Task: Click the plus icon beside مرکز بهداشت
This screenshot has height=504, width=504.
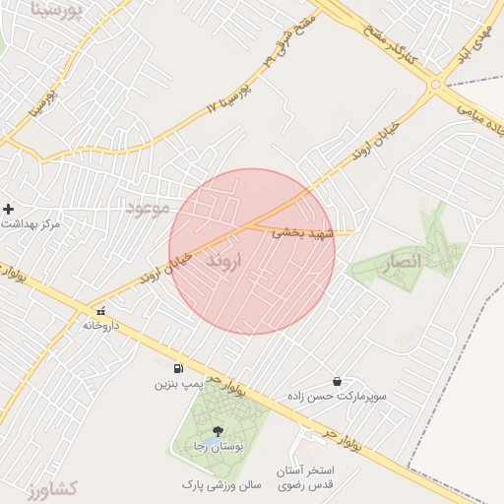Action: coord(9,209)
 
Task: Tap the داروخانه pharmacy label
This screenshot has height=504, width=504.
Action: coord(100,324)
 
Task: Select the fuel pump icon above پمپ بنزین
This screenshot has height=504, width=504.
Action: coord(178,368)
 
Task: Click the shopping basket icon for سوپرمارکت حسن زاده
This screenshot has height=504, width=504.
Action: coord(338,381)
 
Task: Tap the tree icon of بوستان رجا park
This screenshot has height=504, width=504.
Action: coord(218,431)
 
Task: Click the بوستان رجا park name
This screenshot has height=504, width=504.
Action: coord(218,447)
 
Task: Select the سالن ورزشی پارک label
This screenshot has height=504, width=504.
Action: coord(220,485)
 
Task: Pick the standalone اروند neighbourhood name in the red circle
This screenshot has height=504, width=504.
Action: coord(228,262)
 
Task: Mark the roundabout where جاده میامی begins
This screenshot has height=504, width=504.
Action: coord(435,86)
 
